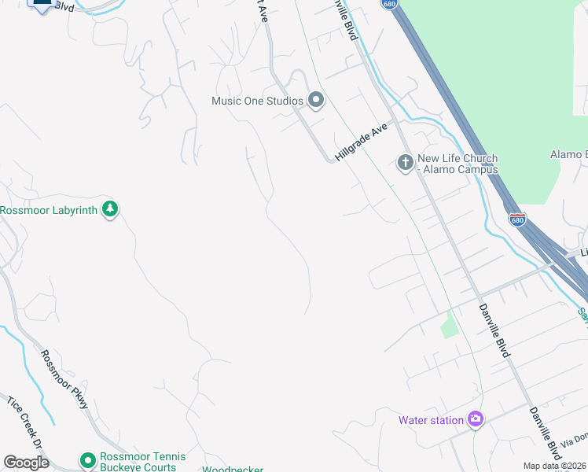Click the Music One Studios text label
257,101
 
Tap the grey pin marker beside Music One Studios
316,100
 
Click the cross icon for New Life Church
405,163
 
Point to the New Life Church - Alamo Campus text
458,164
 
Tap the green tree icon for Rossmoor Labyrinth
112,209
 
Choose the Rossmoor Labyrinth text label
49,210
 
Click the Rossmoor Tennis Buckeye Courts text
142,462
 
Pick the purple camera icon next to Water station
475,419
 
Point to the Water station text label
431,420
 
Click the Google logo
26,463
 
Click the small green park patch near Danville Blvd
448,324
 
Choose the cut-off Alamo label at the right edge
568,154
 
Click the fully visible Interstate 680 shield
516,219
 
